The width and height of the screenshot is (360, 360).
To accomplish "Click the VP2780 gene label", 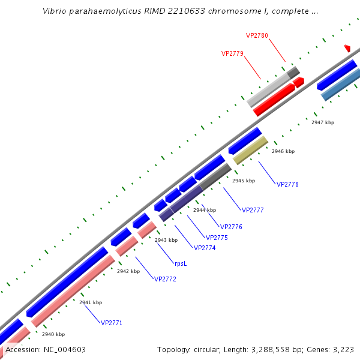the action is (257, 35).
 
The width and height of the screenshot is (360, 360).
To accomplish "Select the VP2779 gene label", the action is (232, 53).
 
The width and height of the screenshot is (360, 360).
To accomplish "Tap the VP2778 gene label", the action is (287, 184).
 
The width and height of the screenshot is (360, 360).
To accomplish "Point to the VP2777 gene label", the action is (253, 210).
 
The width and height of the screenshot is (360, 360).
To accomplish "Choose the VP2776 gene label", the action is (231, 227).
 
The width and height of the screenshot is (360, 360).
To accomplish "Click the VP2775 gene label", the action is (217, 238).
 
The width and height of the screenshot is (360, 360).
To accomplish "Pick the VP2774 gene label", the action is (204, 247).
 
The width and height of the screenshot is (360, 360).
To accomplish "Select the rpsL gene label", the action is (181, 263).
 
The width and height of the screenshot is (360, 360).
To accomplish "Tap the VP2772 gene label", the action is (165, 279).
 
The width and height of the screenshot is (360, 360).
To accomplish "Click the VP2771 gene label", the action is (112, 323).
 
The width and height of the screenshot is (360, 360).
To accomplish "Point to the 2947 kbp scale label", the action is (323, 122).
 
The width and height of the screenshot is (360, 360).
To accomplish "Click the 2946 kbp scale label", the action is (283, 152).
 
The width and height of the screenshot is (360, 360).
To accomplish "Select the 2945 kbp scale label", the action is (244, 181).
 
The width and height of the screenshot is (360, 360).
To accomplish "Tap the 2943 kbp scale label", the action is (166, 240).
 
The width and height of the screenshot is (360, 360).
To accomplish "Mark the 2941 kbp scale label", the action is (91, 302).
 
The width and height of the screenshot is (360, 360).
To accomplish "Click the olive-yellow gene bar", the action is (250, 150).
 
